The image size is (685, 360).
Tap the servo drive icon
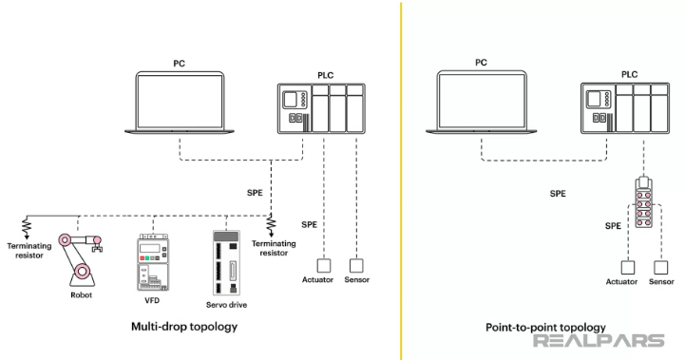pyautogui.click(x=228, y=262)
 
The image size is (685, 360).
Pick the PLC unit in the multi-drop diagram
pyautogui.click(x=321, y=106)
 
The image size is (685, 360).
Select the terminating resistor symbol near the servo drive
pyautogui.click(x=271, y=226)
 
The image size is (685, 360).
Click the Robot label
pyautogui.click(x=82, y=295)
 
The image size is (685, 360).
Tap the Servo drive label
pyautogui.click(x=228, y=304)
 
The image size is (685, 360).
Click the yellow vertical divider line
pyautogui.click(x=400, y=180)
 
